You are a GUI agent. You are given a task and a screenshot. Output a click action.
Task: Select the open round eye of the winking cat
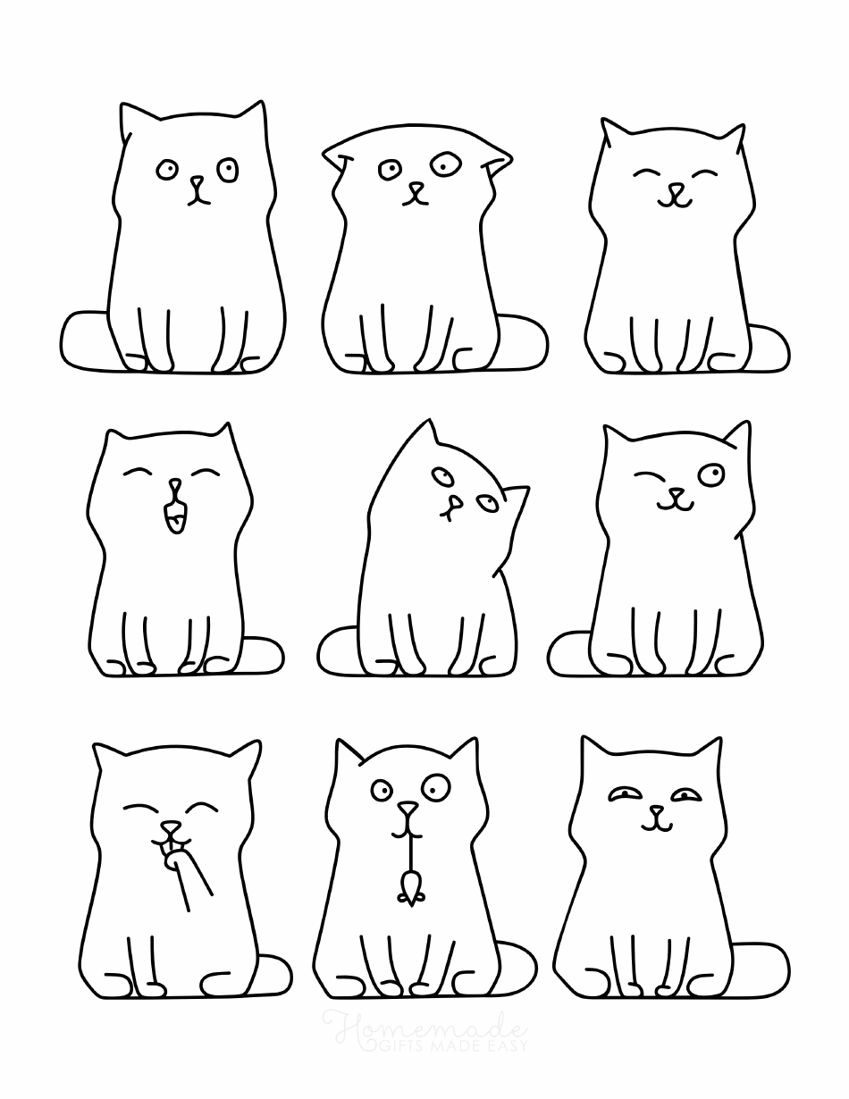point(711,474)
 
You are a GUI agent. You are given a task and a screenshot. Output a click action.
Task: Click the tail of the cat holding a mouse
point(517,966)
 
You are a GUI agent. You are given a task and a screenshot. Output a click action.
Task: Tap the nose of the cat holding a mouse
point(408,810)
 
